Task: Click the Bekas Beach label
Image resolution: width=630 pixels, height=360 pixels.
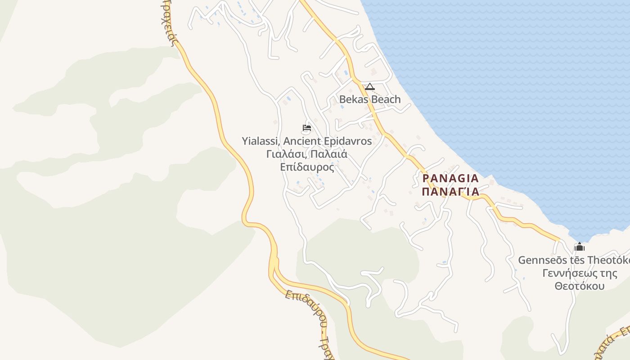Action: coord(369,99)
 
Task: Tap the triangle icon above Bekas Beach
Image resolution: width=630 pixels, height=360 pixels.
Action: coord(369,86)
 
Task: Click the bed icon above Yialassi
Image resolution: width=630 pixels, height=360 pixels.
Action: coord(307,128)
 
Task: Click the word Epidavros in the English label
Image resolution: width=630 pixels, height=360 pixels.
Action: coord(348,141)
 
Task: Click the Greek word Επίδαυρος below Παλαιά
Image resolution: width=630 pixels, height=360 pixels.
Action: coord(307,167)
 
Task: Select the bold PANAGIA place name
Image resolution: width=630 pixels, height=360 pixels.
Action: coord(451,179)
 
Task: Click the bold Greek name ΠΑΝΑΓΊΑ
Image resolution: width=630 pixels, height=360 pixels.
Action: coord(451,192)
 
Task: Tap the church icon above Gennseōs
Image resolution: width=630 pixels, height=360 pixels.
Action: coord(580,247)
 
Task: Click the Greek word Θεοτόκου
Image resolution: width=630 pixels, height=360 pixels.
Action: coord(579,286)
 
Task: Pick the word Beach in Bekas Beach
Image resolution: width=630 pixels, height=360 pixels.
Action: coord(386,99)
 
